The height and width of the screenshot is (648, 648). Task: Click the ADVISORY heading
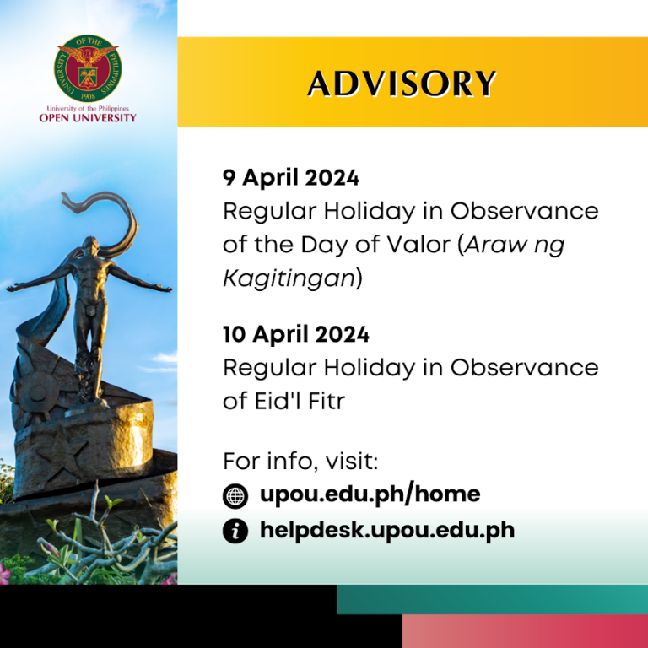point(402,84)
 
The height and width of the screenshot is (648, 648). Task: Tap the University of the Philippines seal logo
point(88,68)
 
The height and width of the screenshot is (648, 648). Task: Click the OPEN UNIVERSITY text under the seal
point(88,117)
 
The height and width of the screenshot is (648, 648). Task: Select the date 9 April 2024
point(290,178)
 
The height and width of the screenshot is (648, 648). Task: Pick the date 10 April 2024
point(295,334)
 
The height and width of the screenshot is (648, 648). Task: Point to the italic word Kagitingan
point(288,278)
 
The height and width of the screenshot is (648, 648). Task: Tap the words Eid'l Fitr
point(300,401)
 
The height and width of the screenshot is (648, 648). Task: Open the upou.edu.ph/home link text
point(370,494)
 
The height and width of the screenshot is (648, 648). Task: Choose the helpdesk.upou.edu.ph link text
point(387,531)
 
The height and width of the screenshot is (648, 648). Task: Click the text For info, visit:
point(300,462)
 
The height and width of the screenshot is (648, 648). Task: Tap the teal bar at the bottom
point(492,599)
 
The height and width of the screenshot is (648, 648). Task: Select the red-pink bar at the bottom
point(525,631)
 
